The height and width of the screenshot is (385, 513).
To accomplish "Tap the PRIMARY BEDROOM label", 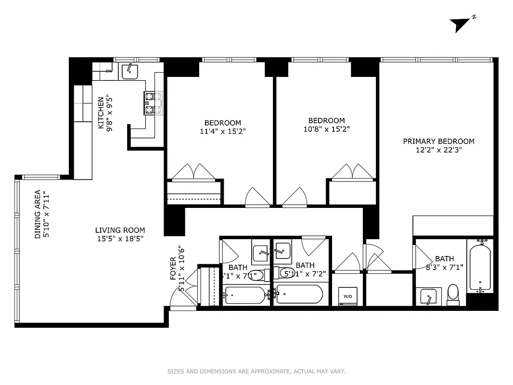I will point(438,141).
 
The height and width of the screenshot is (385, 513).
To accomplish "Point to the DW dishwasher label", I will point(109,71).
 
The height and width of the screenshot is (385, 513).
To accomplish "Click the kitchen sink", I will point(129,71).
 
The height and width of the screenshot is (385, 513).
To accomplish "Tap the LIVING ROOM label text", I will point(120,230).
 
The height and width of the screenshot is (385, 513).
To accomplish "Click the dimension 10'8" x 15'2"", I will point(326,128).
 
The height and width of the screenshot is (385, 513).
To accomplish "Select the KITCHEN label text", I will point(101,113).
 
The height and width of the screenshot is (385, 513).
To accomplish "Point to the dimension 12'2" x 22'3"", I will point(438,150).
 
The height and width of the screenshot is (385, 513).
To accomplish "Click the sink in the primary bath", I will point(428,296).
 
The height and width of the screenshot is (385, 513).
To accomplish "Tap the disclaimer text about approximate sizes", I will point(256,372).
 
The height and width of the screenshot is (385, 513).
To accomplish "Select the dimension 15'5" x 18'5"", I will point(120,238).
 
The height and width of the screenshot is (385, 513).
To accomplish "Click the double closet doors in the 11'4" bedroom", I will point(193,172).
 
